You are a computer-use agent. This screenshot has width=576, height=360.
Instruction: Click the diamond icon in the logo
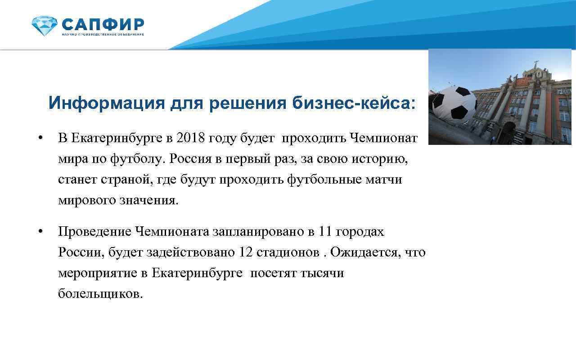(45, 25)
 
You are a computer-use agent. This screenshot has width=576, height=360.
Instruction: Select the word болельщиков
(100, 294)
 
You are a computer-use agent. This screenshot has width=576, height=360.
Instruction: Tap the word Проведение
(94, 232)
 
